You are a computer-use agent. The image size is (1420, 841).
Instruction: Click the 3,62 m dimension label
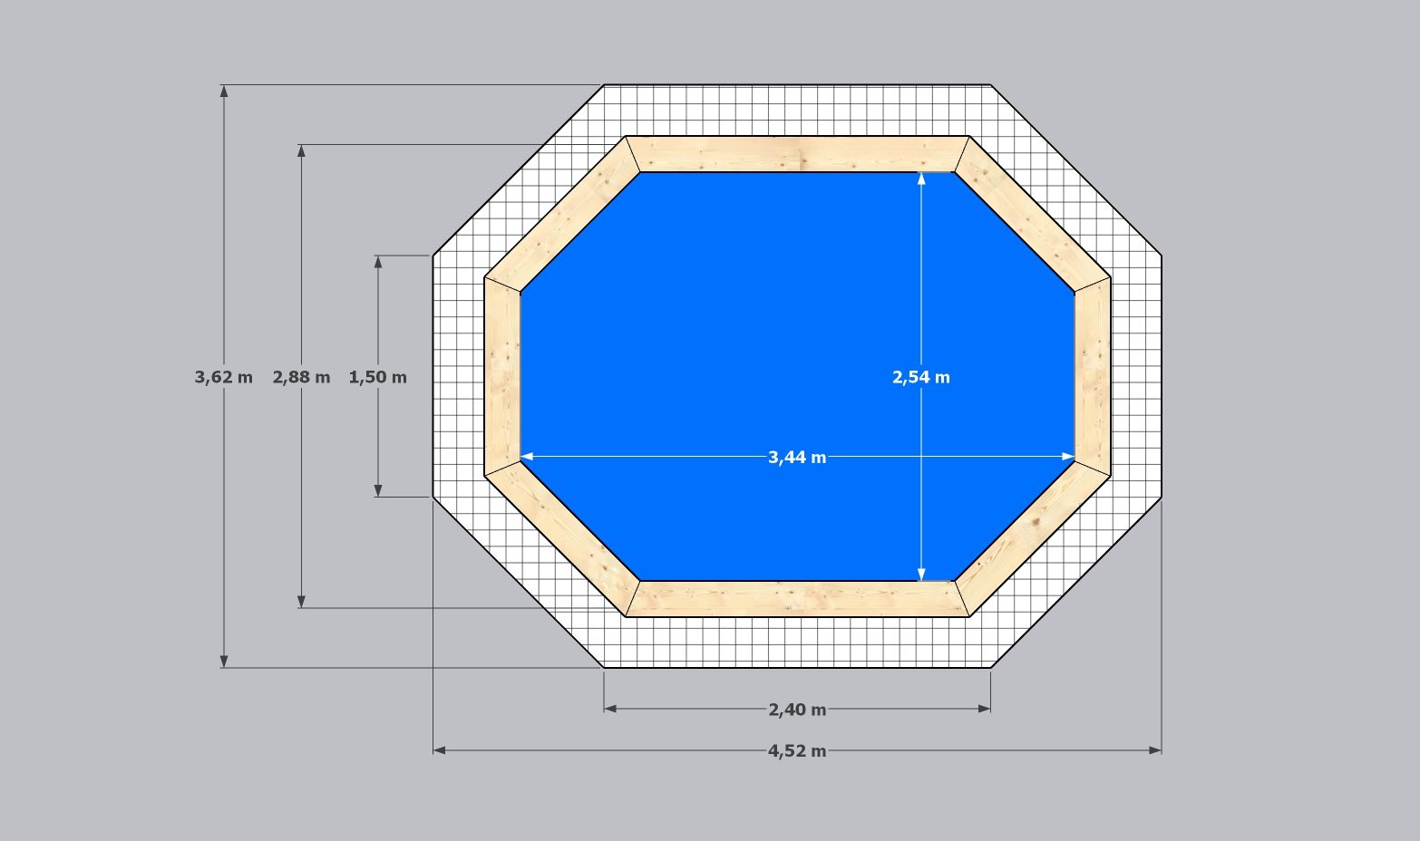click(x=223, y=377)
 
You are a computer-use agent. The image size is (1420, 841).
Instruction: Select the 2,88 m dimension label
click(x=301, y=377)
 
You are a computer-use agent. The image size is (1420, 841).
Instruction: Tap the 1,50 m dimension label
click(x=378, y=377)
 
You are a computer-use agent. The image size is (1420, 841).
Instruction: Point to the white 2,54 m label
click(x=921, y=377)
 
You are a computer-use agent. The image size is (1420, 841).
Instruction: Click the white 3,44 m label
click(x=797, y=457)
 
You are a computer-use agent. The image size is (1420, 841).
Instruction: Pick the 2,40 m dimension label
click(x=797, y=710)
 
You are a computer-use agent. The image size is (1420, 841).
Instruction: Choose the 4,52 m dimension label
click(x=797, y=751)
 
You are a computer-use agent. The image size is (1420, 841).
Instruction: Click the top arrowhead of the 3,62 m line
click(x=224, y=91)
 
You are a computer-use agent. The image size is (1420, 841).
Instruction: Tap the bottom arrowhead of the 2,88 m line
click(x=302, y=602)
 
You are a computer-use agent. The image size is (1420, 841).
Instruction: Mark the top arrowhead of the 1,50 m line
click(x=378, y=262)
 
